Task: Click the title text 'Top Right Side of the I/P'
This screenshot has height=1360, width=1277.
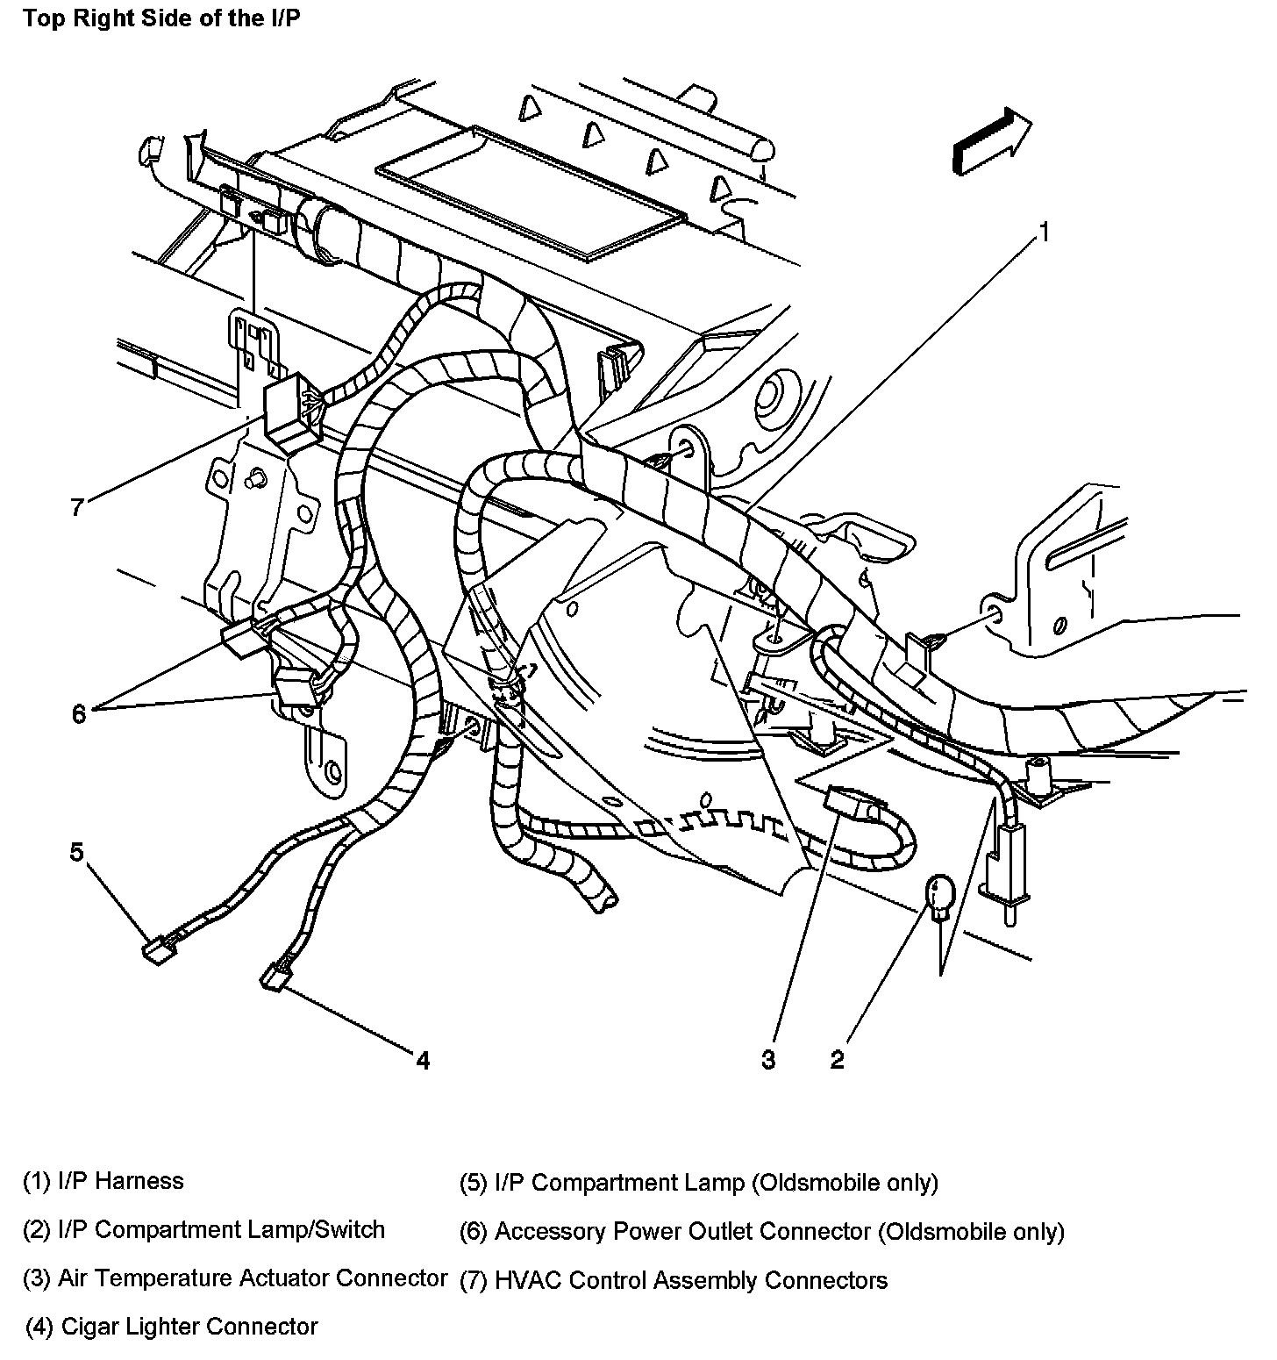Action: coord(161,18)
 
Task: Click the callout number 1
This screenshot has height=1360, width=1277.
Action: coord(1044,232)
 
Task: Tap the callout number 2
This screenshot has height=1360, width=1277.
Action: coord(837,1059)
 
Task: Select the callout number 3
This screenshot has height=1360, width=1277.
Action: coord(768,1059)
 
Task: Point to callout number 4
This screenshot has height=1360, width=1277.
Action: coord(423,1060)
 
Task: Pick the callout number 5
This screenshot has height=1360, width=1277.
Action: coord(77,851)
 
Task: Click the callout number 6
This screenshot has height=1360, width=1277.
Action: coord(79,714)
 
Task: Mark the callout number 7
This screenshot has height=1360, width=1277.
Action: coord(77,507)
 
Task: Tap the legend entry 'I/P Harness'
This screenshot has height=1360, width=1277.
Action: coord(103,1181)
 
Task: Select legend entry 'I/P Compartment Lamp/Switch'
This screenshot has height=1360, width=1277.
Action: coord(203,1230)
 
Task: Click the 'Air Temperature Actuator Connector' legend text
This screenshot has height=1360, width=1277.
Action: coord(235,1278)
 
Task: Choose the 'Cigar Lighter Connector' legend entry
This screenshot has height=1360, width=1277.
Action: coord(172,1326)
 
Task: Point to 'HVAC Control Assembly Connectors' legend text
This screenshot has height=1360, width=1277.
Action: coord(674,1280)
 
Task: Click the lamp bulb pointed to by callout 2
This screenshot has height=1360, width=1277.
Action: coord(940,897)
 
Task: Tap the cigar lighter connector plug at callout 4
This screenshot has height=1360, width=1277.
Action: coord(274,977)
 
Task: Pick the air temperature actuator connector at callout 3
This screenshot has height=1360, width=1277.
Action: coord(847,800)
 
